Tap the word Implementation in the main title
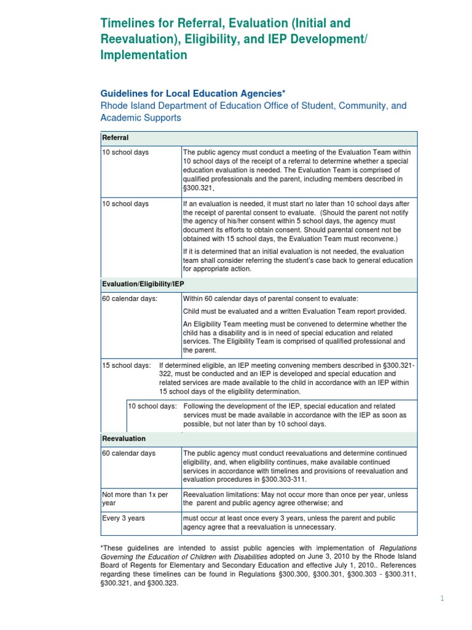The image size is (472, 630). click(x=143, y=55)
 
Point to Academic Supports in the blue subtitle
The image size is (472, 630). click(x=141, y=118)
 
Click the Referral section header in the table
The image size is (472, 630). click(x=116, y=138)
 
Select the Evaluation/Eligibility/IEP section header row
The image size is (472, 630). click(x=143, y=284)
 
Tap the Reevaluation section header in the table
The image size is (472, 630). click(x=124, y=439)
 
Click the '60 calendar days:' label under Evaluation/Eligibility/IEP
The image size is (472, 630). click(x=130, y=298)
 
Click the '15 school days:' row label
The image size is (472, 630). click(x=126, y=365)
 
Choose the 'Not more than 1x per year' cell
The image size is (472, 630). click(x=135, y=498)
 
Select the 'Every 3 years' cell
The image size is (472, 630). click(x=124, y=518)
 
